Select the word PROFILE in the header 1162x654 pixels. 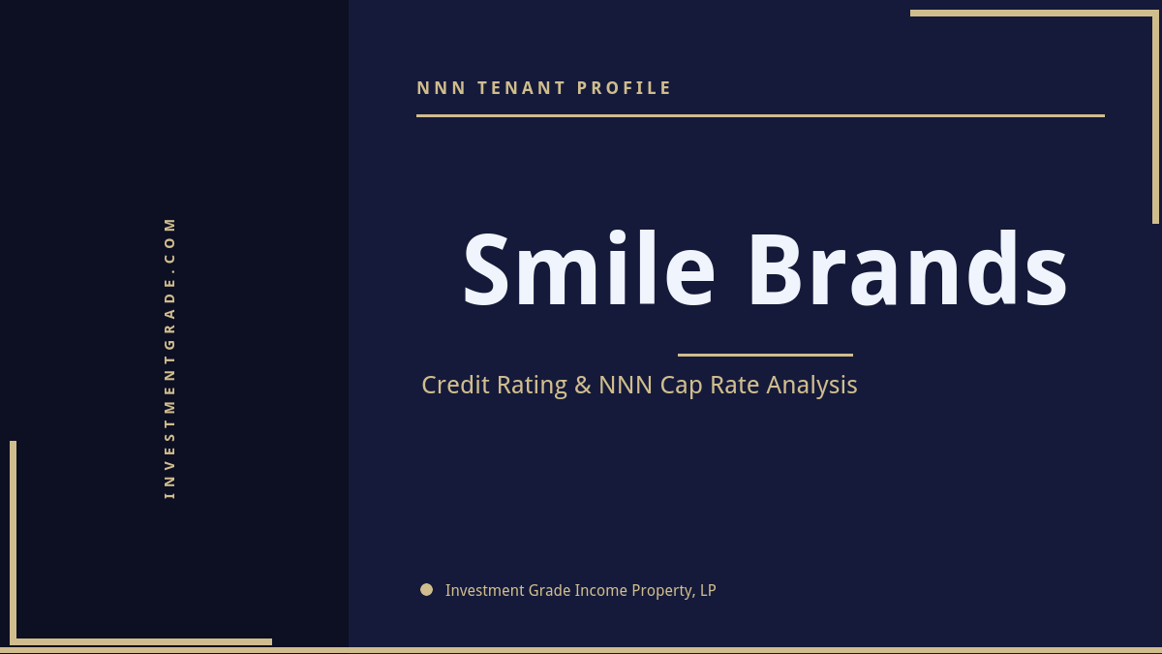[x=625, y=88]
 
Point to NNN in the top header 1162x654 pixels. [x=442, y=88]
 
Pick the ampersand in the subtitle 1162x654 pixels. [x=582, y=385]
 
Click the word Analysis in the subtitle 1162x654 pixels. [x=811, y=385]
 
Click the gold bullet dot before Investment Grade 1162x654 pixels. [x=426, y=589]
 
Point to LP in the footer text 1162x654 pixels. [x=707, y=590]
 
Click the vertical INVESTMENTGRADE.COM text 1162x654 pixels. [x=169, y=357]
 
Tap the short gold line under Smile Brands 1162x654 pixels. [x=765, y=355]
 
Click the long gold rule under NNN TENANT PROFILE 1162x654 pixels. [x=760, y=115]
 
